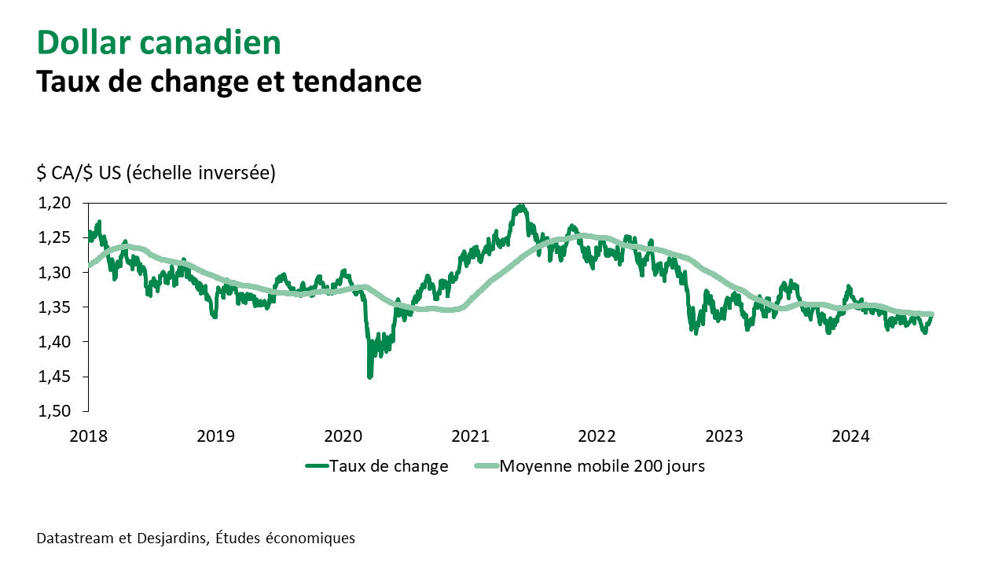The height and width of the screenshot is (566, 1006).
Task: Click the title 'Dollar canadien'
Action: pos(159,43)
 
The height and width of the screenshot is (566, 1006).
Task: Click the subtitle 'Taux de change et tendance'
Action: pos(229,81)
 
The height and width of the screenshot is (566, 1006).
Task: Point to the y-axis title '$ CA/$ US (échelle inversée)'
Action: pos(156,173)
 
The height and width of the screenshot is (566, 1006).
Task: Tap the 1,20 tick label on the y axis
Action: pos(54,203)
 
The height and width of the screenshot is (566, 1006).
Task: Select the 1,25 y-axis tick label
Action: pos(54,237)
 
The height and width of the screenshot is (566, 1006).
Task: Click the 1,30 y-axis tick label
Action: pos(54,272)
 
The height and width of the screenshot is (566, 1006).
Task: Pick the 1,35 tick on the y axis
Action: pos(54,307)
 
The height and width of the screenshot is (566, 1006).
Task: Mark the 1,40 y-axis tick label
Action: pos(54,342)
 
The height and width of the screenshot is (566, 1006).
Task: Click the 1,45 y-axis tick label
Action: pos(54,377)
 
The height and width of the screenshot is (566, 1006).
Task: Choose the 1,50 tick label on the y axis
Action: pos(54,411)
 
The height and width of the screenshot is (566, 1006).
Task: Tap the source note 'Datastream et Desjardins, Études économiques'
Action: pos(196,538)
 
